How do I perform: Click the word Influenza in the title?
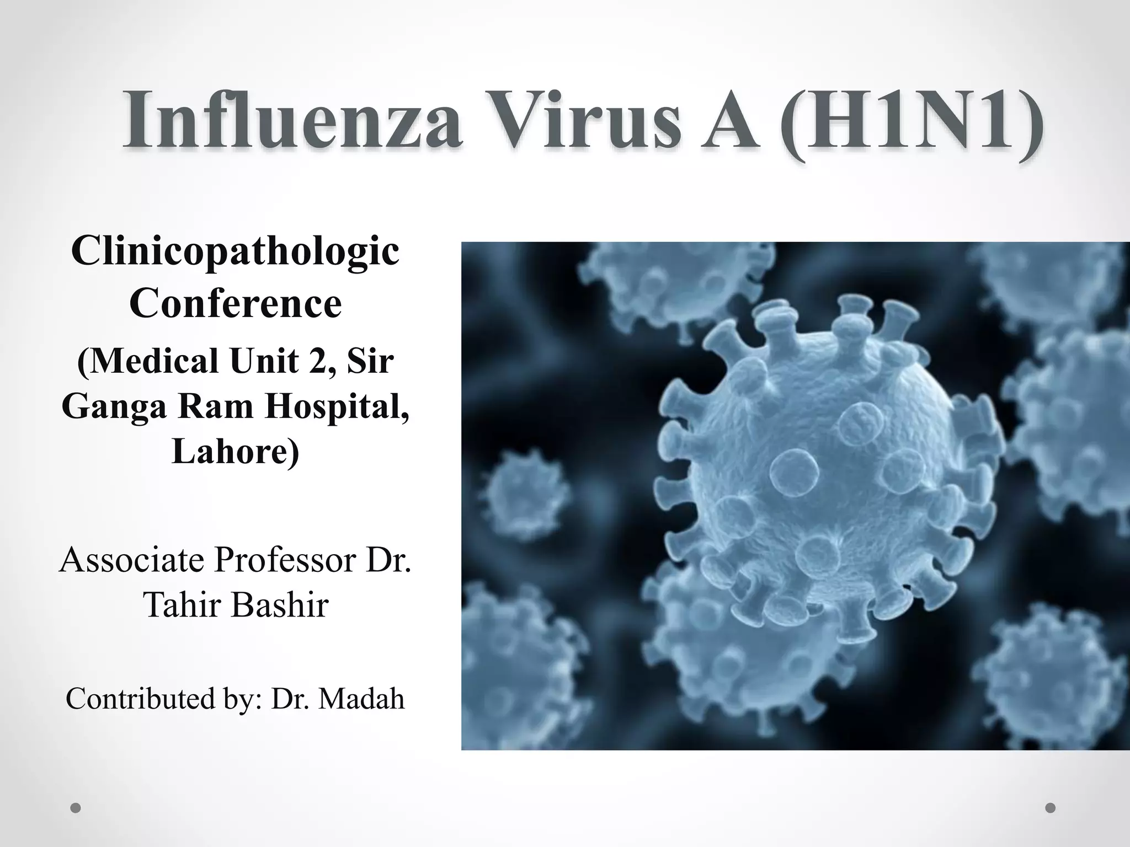point(292,120)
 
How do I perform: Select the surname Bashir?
point(280,604)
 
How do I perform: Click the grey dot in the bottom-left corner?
point(76,808)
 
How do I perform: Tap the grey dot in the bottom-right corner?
point(1051,808)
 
